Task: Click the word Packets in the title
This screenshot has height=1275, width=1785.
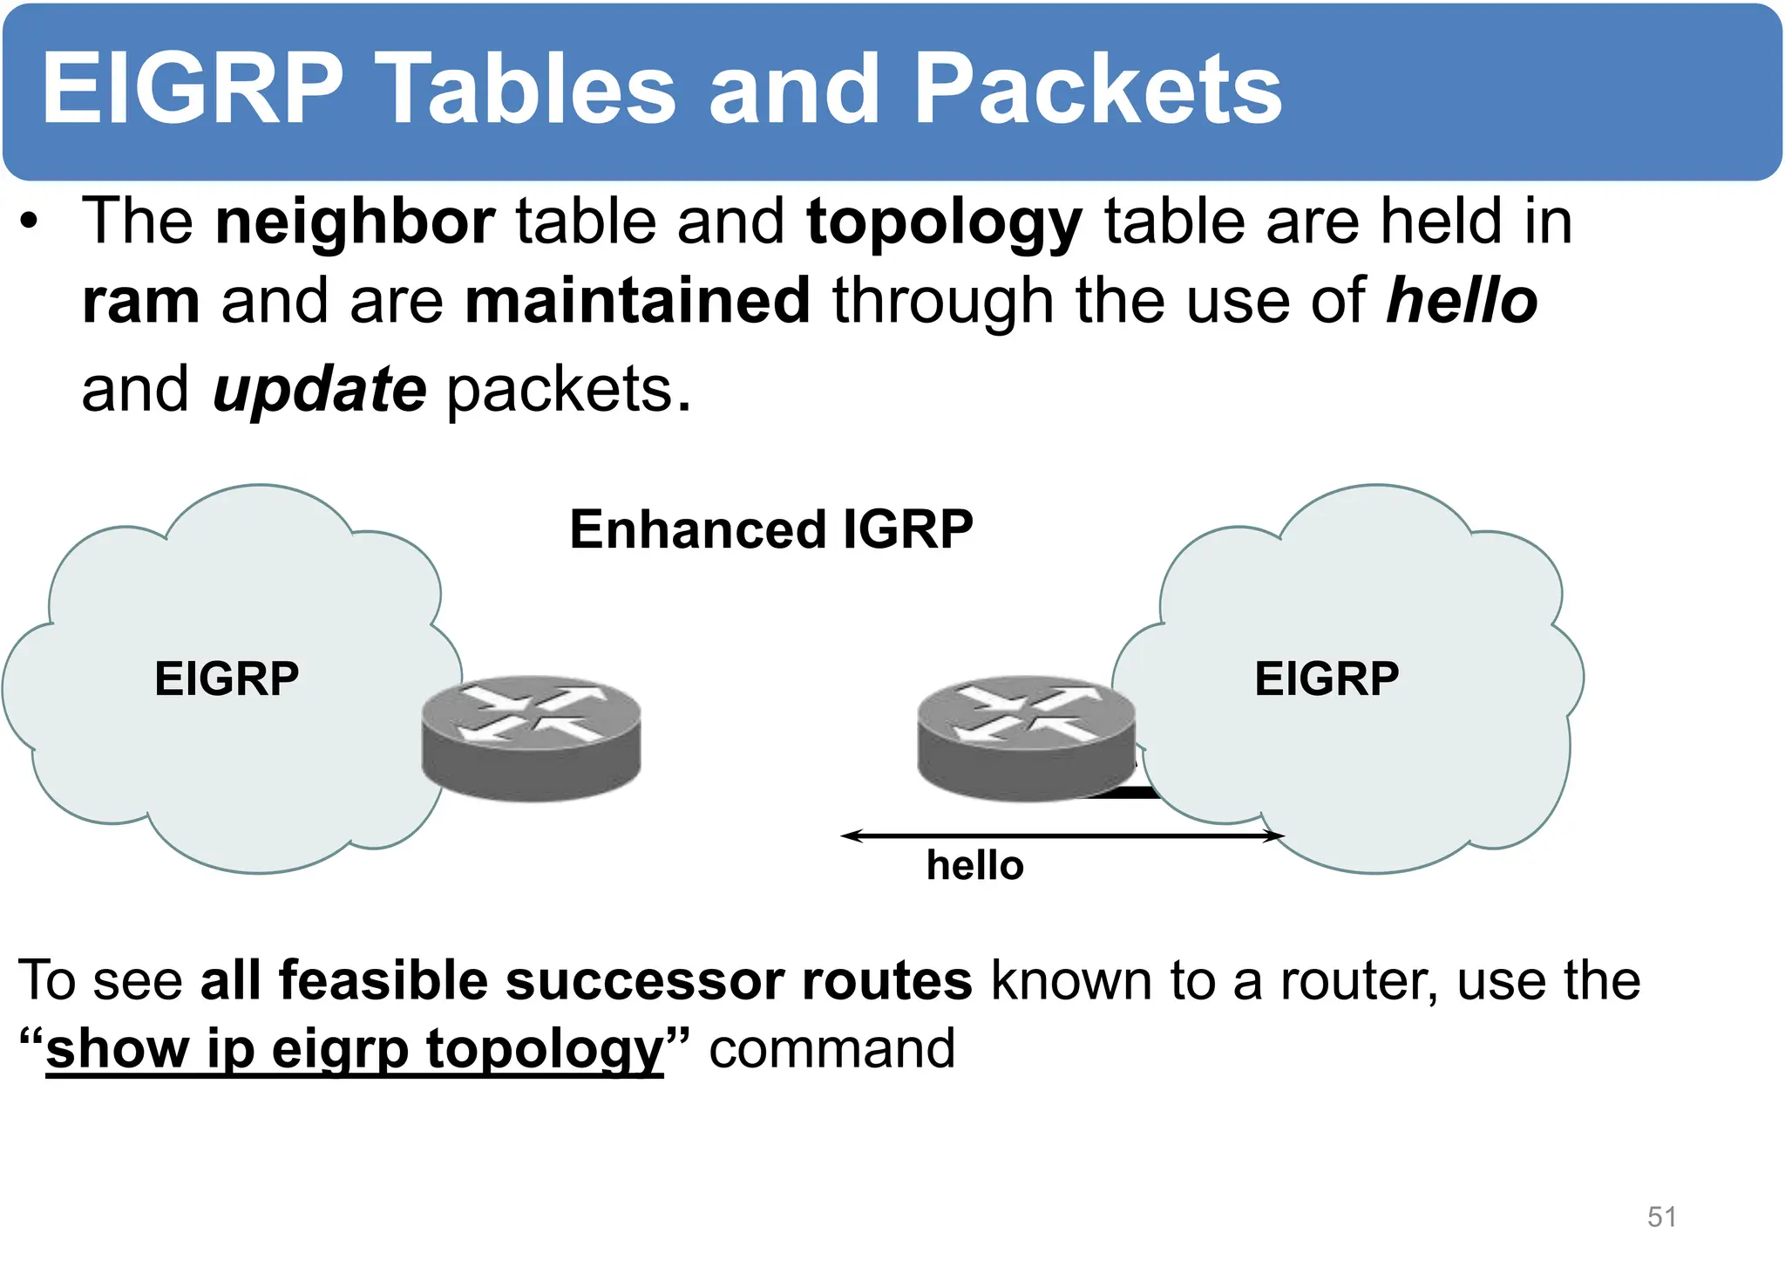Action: pos(1097,89)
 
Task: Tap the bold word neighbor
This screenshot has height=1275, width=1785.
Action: pos(355,222)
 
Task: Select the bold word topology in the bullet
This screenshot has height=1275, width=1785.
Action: pos(944,223)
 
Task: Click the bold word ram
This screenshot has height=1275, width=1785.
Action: pos(140,301)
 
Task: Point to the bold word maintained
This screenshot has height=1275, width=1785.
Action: pos(637,301)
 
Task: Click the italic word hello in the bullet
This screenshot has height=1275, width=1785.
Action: pos(1462,301)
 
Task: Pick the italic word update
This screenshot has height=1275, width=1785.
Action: pos(319,390)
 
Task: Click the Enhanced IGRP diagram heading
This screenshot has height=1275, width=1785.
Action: pos(770,529)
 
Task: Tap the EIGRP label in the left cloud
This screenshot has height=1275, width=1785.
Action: pos(227,678)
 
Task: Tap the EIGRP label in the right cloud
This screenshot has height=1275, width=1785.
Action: pos(1326,678)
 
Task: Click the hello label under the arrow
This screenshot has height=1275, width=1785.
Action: pos(974,866)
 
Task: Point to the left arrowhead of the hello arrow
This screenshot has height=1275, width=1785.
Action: pos(847,835)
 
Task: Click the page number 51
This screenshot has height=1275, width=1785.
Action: pos(1661,1217)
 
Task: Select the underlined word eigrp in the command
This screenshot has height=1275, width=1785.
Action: pos(340,1049)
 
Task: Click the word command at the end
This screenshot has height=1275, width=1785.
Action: pos(831,1049)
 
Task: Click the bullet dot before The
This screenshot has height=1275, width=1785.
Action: pos(31,223)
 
